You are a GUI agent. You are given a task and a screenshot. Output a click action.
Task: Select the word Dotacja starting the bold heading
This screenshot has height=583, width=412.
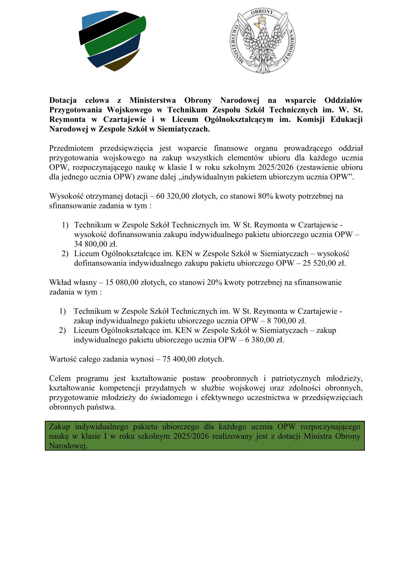[63, 100]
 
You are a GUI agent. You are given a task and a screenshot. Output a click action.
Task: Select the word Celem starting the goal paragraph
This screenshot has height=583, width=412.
[60, 379]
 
